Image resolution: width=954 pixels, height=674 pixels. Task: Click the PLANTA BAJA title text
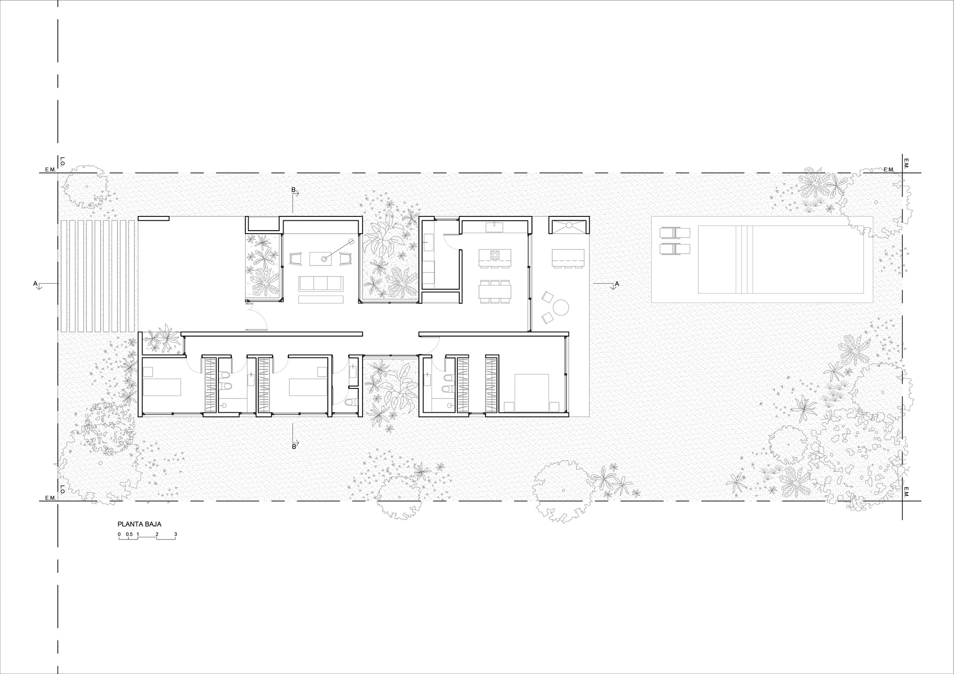point(139,524)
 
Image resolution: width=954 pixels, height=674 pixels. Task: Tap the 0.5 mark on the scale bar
point(129,534)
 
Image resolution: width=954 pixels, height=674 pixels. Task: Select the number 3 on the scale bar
point(176,534)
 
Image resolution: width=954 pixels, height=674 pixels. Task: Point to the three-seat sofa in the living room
point(321,284)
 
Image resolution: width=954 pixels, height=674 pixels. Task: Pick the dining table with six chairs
point(495,291)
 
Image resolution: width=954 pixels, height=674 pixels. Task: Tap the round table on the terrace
point(561,307)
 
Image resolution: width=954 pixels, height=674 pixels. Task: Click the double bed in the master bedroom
point(531,392)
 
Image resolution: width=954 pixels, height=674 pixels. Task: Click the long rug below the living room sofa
point(321,299)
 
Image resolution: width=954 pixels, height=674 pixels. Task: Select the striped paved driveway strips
point(98,276)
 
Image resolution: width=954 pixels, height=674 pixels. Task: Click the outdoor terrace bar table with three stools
point(568,258)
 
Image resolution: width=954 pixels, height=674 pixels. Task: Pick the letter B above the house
point(293,190)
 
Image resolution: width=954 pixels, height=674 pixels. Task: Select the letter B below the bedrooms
point(294,447)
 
